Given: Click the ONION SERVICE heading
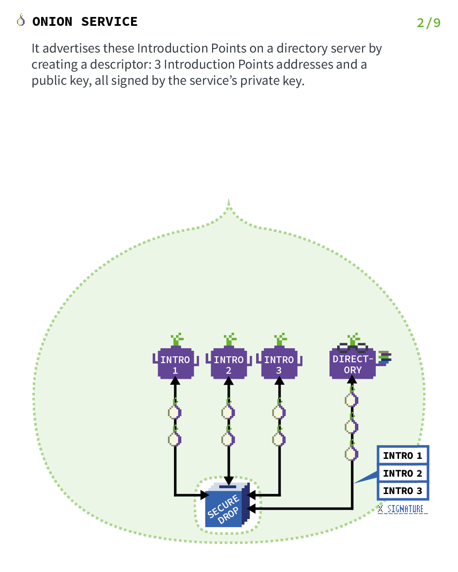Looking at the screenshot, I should [x=85, y=22].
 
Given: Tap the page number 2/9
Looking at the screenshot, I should [x=428, y=22].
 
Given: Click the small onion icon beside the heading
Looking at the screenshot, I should [x=21, y=20].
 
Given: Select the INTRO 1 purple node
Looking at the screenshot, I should [x=175, y=364].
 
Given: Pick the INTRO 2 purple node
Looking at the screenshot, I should [x=229, y=364].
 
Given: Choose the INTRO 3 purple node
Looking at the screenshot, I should [x=279, y=364].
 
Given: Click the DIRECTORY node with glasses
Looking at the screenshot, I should [x=352, y=364].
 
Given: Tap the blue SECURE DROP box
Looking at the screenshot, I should [x=225, y=506].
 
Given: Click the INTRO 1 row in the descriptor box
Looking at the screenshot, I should [x=402, y=455].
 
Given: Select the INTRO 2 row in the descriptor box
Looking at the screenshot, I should [x=402, y=473].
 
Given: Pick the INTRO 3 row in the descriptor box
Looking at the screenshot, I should [x=402, y=491].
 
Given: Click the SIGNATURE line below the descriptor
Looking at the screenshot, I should [x=402, y=509].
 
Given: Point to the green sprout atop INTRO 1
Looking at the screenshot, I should [x=177, y=339].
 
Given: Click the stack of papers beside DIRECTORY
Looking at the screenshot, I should [x=385, y=357].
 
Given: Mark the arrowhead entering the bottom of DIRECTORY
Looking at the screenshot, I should [x=352, y=380].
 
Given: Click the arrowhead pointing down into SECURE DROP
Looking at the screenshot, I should [x=229, y=481].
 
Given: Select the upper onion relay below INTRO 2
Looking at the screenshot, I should [x=228, y=411].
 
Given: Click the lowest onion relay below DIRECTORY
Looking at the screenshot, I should [x=352, y=454].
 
